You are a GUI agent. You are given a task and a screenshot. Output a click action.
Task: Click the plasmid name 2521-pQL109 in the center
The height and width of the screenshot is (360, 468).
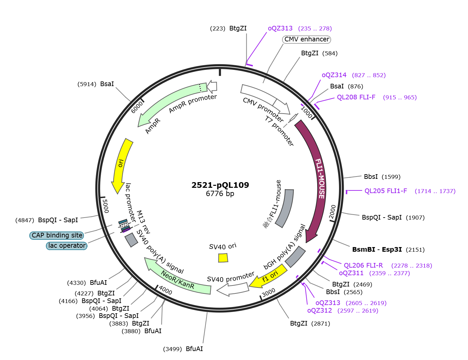pos(220,185)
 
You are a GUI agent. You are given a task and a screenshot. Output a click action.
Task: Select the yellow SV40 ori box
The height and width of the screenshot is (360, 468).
pos(223,258)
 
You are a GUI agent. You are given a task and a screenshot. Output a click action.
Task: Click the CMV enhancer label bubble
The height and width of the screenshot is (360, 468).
pos(307,39)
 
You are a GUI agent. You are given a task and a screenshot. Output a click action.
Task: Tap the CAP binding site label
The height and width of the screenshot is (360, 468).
pos(57,235)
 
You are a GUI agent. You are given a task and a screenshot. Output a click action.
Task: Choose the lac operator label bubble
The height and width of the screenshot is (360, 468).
pos(67,245)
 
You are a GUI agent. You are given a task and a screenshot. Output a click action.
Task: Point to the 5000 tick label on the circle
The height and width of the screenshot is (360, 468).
pos(105,206)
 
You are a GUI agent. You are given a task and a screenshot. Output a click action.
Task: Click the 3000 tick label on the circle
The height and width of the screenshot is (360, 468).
pos(268,292)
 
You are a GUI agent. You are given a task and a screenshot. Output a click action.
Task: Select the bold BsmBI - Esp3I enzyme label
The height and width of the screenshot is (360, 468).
pos(377,249)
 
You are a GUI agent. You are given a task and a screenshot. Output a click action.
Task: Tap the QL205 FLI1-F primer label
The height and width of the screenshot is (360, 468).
pos(386,191)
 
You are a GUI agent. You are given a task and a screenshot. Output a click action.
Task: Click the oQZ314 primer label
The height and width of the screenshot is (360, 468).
pos(334,75)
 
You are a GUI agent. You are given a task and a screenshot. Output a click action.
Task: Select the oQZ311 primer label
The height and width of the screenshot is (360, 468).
pos(351,273)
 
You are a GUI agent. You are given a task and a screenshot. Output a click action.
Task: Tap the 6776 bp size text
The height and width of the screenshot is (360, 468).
pos(220,193)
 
